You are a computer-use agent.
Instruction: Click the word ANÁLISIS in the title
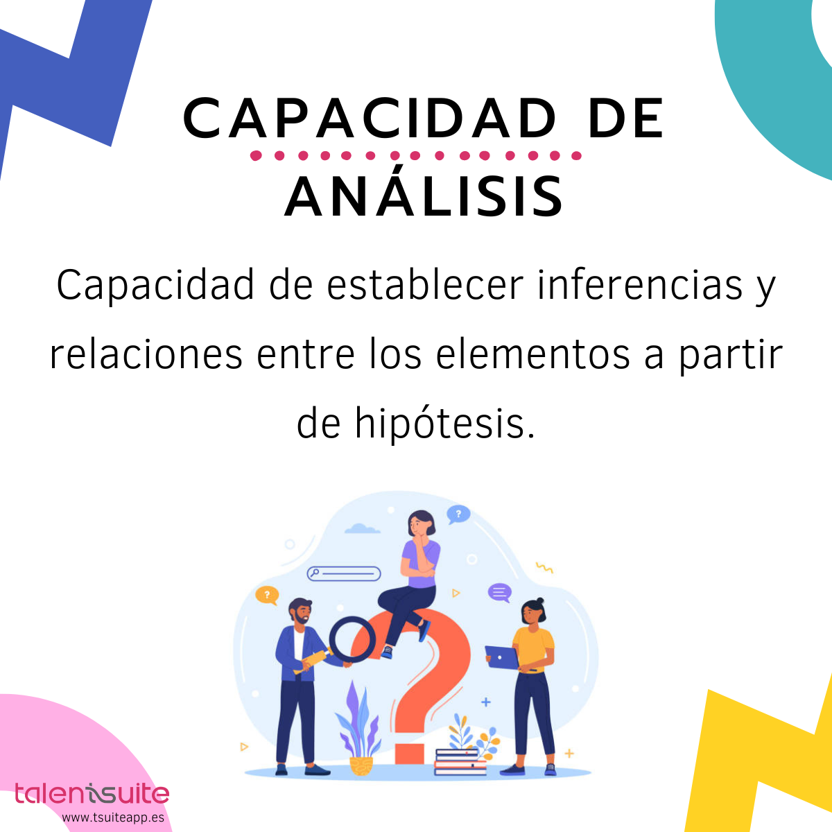[x=424, y=196]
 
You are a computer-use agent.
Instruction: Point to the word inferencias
[x=640, y=285]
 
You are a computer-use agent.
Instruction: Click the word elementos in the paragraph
[x=533, y=354]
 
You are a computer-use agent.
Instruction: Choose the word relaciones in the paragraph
[x=146, y=354]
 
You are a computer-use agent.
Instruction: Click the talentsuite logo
[x=92, y=795]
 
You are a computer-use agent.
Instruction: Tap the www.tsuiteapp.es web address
[x=113, y=817]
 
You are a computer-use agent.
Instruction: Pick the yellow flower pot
[x=361, y=765]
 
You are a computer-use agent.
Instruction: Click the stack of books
[x=458, y=761]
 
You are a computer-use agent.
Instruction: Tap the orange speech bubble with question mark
[x=267, y=595]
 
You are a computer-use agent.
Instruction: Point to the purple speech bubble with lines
[x=499, y=593]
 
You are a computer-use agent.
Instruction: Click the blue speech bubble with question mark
[x=458, y=514]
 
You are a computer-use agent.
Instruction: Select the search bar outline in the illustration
[x=344, y=573]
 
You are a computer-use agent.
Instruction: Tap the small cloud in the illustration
[x=362, y=529]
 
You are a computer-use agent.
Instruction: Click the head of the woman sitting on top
[x=422, y=523]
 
